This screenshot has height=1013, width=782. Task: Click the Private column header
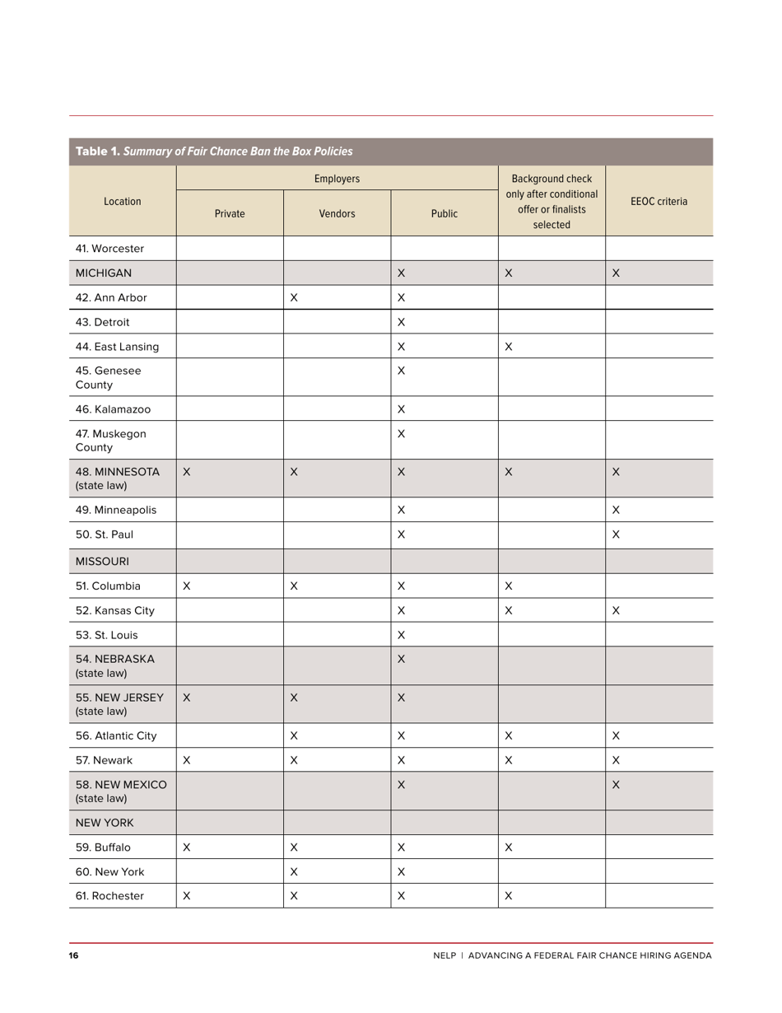coord(230,213)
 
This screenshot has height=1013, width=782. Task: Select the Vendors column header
coord(337,213)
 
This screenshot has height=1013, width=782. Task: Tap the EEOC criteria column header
coord(659,201)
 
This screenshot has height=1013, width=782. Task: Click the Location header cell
coord(122,201)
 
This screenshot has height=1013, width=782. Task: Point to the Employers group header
coord(337,178)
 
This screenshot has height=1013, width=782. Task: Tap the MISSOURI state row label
coord(102,561)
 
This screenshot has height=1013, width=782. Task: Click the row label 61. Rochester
coord(109,895)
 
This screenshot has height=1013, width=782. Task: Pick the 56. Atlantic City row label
coord(115,735)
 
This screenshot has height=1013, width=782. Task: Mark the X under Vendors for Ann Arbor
coord(294,297)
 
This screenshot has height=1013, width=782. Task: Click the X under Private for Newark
coord(187,760)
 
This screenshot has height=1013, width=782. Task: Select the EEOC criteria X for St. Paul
coord(616,535)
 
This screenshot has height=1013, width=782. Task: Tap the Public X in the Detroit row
coord(401,322)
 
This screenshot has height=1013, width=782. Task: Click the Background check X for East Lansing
coord(509,347)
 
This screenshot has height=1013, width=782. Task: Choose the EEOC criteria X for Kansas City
coord(616,610)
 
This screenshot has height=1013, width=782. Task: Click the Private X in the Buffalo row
coord(187,847)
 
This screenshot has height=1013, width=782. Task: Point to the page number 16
coord(74,955)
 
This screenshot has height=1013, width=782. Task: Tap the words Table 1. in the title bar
coord(98,152)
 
